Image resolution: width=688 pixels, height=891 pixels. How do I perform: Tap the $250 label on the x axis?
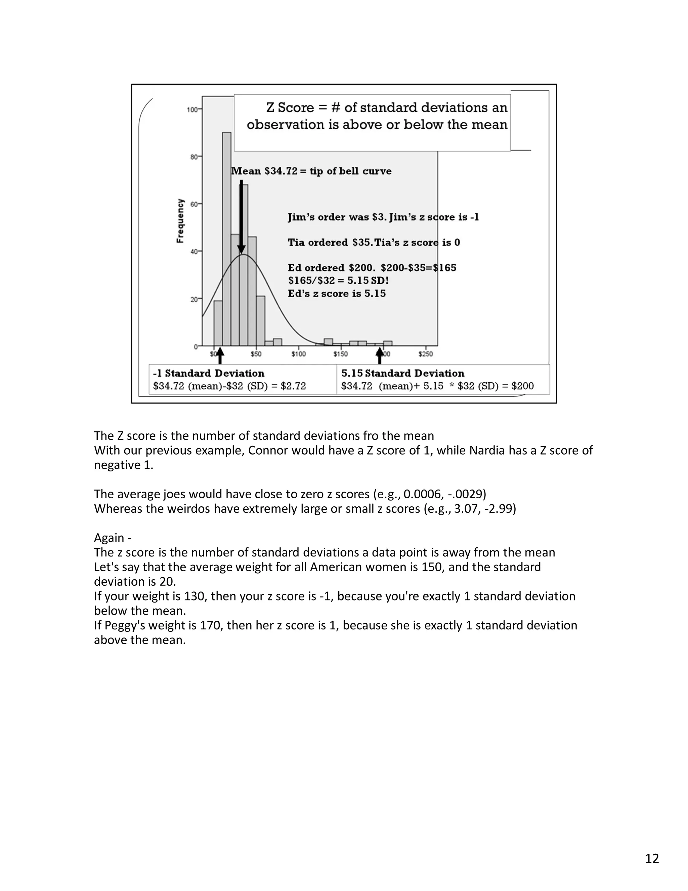(x=426, y=354)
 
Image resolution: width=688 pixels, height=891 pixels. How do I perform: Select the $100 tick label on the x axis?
(x=298, y=354)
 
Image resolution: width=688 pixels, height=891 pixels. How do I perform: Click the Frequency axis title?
(x=180, y=221)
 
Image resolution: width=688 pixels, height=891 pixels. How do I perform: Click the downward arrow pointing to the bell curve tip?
(x=241, y=216)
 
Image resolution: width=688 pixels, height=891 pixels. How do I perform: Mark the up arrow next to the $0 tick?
(x=220, y=356)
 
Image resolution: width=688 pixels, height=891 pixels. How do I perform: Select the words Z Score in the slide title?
(x=290, y=108)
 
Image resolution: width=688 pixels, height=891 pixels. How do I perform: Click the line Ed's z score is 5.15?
(x=337, y=293)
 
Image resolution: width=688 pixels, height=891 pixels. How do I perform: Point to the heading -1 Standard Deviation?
(x=209, y=373)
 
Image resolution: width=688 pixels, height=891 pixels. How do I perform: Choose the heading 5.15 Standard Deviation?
(x=403, y=373)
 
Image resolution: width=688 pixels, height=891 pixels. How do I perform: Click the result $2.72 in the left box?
(x=293, y=386)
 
